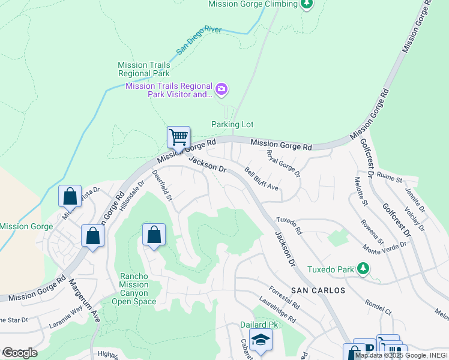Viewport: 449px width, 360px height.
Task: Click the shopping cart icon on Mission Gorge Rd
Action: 178,137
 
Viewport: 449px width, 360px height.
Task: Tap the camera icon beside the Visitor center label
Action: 221,90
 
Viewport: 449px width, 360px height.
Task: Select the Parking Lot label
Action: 232,124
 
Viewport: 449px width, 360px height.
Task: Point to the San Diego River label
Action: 199,41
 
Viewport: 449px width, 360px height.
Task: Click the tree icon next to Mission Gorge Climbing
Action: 307,4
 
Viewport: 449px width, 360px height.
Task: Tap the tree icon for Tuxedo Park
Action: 363,268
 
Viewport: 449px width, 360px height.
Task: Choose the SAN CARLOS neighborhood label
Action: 318,290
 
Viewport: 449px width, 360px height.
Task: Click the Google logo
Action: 20,353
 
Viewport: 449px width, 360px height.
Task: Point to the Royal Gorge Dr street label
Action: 283,163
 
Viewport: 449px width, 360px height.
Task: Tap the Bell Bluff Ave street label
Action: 262,179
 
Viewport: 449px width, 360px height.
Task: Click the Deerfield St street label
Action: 162,185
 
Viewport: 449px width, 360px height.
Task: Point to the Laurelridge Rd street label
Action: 278,311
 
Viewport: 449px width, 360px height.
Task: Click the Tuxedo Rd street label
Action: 289,226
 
